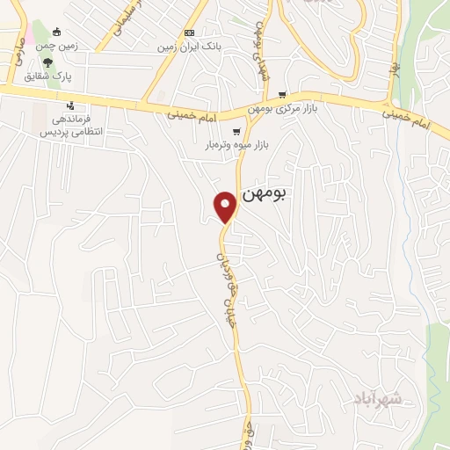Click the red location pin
pyautogui.click(x=226, y=206)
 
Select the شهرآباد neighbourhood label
pyautogui.click(x=380, y=399)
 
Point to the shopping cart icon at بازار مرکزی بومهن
pyautogui.click(x=281, y=94)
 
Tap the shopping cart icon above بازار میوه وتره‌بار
pyautogui.click(x=236, y=132)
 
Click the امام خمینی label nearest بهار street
pyautogui.click(x=408, y=119)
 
